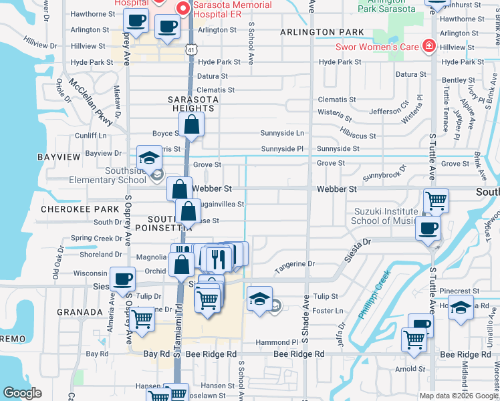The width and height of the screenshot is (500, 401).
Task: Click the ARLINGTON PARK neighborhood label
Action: tap(322, 32)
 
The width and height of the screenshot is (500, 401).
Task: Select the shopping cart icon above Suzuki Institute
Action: tap(436, 200)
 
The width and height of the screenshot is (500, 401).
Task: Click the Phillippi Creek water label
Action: tap(374, 295)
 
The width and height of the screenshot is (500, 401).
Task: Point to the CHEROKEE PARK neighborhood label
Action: tap(70, 209)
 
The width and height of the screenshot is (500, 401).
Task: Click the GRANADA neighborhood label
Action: tap(80, 312)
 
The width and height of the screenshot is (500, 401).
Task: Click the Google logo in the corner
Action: tap(22, 393)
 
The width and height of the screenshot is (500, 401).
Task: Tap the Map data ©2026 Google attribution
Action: tap(458, 396)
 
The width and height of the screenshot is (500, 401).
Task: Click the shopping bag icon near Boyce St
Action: tap(192, 124)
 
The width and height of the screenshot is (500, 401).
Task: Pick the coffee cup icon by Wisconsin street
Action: tap(122, 279)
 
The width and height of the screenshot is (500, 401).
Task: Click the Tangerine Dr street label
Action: tap(294, 264)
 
